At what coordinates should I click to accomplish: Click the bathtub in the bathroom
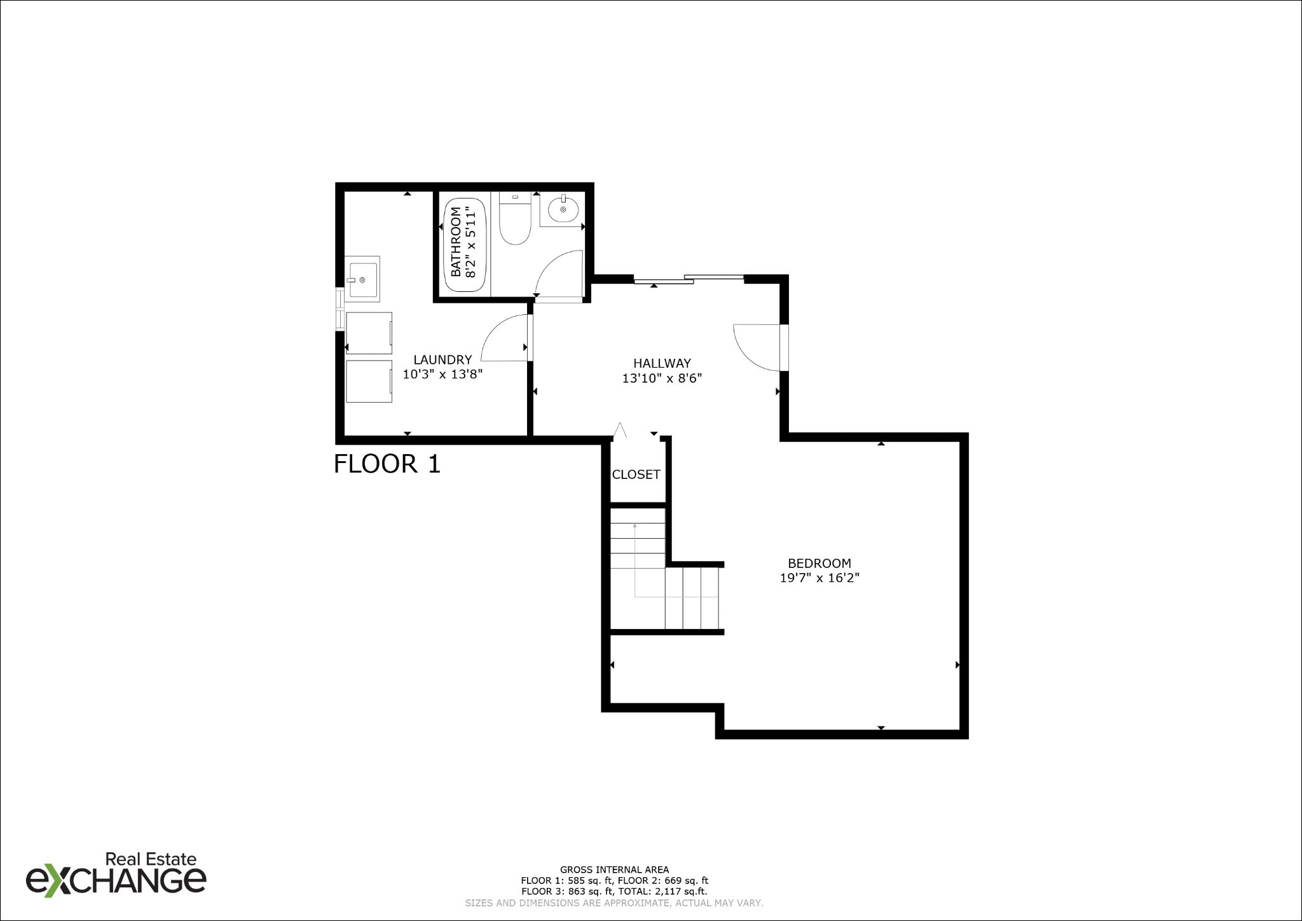[465, 245]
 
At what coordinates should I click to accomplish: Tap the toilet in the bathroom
[515, 219]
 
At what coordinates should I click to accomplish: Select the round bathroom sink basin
[563, 209]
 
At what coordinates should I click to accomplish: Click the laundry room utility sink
[362, 279]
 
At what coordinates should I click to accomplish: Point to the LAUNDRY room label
[442, 359]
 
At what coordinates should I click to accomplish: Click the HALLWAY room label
[662, 363]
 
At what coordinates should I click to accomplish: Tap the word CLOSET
[636, 474]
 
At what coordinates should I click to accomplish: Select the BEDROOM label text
[819, 563]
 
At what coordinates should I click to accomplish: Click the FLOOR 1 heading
[387, 464]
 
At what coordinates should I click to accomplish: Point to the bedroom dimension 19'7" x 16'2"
[819, 578]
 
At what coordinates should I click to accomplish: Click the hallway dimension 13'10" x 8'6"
[662, 378]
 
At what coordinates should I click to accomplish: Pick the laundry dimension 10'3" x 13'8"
[442, 375]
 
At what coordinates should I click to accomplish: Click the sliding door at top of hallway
[689, 279]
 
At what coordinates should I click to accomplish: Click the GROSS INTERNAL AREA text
[614, 869]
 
